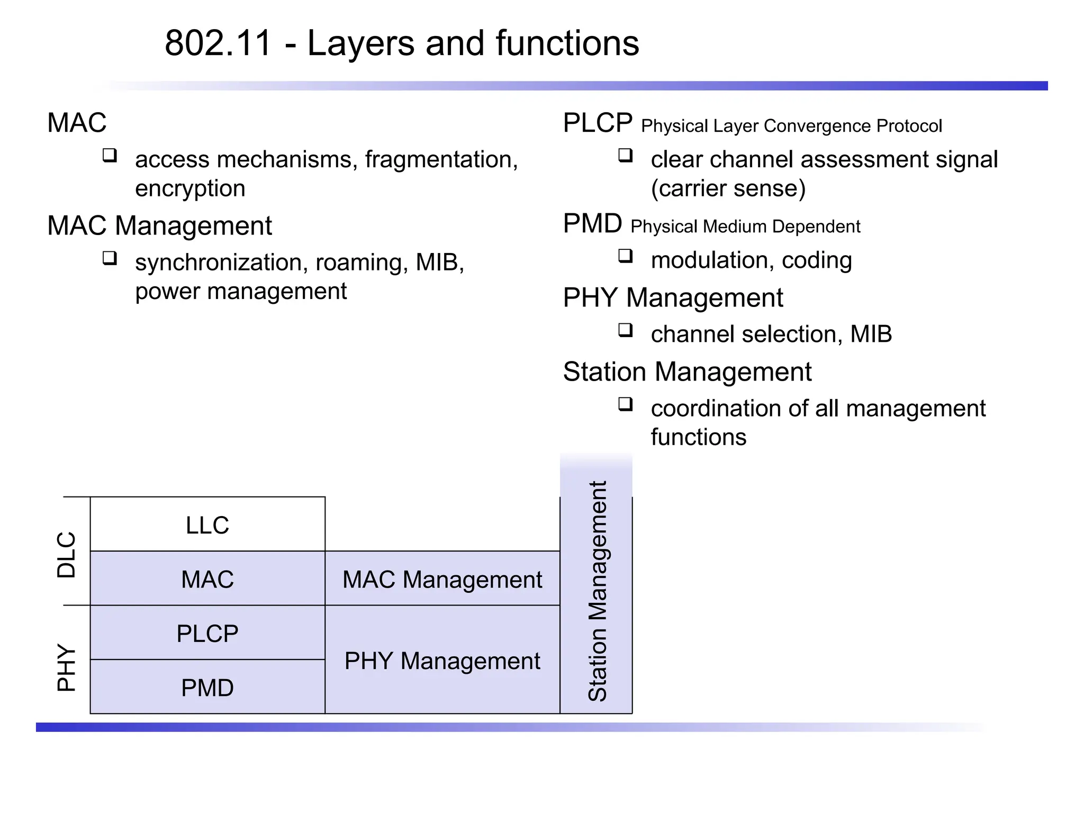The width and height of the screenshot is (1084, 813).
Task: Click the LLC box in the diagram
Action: click(207, 525)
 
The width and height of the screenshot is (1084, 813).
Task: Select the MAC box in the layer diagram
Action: click(207, 579)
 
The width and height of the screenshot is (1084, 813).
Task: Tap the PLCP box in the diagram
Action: click(207, 633)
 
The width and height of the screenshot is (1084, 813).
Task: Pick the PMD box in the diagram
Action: click(207, 688)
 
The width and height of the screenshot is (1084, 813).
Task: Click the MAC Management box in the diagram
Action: click(442, 579)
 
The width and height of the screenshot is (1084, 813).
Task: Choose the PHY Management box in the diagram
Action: click(442, 661)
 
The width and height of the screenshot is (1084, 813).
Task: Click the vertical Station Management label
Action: click(597, 591)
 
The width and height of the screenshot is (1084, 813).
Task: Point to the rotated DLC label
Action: click(67, 554)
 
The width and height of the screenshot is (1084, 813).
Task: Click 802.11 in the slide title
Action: click(218, 43)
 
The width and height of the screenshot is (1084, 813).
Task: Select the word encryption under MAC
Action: click(190, 188)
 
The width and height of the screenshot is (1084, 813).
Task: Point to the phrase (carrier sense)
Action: click(728, 188)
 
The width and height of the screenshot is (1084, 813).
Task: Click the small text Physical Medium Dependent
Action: click(745, 227)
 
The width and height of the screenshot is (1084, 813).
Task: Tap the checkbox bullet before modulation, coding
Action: click(626, 256)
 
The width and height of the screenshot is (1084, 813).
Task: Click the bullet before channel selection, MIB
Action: click(626, 330)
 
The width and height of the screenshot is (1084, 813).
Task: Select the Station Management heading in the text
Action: click(686, 372)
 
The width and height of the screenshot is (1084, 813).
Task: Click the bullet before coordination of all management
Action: click(626, 404)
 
